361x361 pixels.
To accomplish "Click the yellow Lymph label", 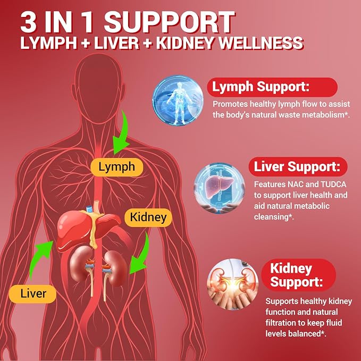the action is (x=117, y=167).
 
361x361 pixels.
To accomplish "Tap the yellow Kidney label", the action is (x=148, y=217).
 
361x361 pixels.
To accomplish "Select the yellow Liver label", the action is (x=32, y=294).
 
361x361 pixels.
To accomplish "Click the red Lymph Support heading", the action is (x=272, y=87).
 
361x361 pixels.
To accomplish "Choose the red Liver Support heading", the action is (x=298, y=166).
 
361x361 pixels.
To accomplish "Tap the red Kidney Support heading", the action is (x=299, y=275).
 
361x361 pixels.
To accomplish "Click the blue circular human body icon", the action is (x=178, y=100).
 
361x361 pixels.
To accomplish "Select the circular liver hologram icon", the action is (x=220, y=188).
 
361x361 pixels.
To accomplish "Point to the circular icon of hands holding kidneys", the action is (x=232, y=284).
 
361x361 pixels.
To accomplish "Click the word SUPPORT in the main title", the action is (x=170, y=22).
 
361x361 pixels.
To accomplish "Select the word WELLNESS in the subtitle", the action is (x=261, y=43).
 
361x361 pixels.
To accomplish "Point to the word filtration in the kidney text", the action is (x=279, y=323).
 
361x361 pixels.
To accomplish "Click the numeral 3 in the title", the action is (x=28, y=22).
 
